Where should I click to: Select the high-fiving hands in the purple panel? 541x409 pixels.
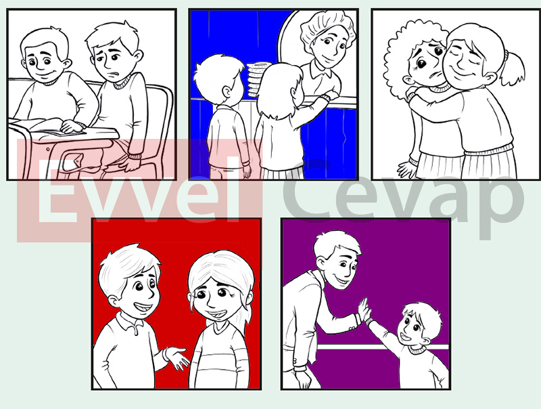pos(364,312)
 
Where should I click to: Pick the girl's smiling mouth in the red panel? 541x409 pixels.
pos(216,315)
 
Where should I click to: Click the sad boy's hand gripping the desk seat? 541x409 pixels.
pos(132,163)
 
